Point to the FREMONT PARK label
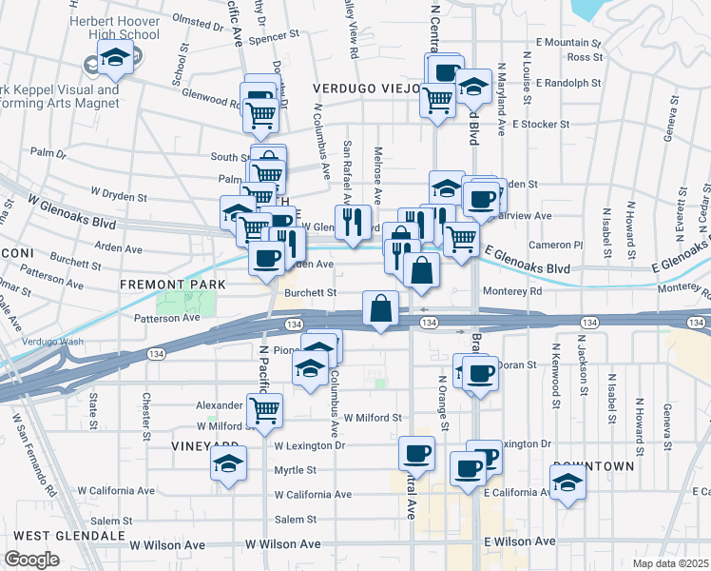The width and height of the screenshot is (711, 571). (x=172, y=285)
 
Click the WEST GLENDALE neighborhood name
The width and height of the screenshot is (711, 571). (x=69, y=536)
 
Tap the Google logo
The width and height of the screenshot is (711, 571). (x=31, y=560)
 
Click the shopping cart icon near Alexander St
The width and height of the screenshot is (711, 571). (x=264, y=410)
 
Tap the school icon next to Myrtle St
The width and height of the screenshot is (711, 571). (x=229, y=463)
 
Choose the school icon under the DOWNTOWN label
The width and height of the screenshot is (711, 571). (x=568, y=482)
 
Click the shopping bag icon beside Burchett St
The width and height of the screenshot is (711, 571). (x=380, y=308)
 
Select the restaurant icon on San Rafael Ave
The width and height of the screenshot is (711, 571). (x=353, y=222)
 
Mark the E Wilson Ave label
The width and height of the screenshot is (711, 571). (x=520, y=541)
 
